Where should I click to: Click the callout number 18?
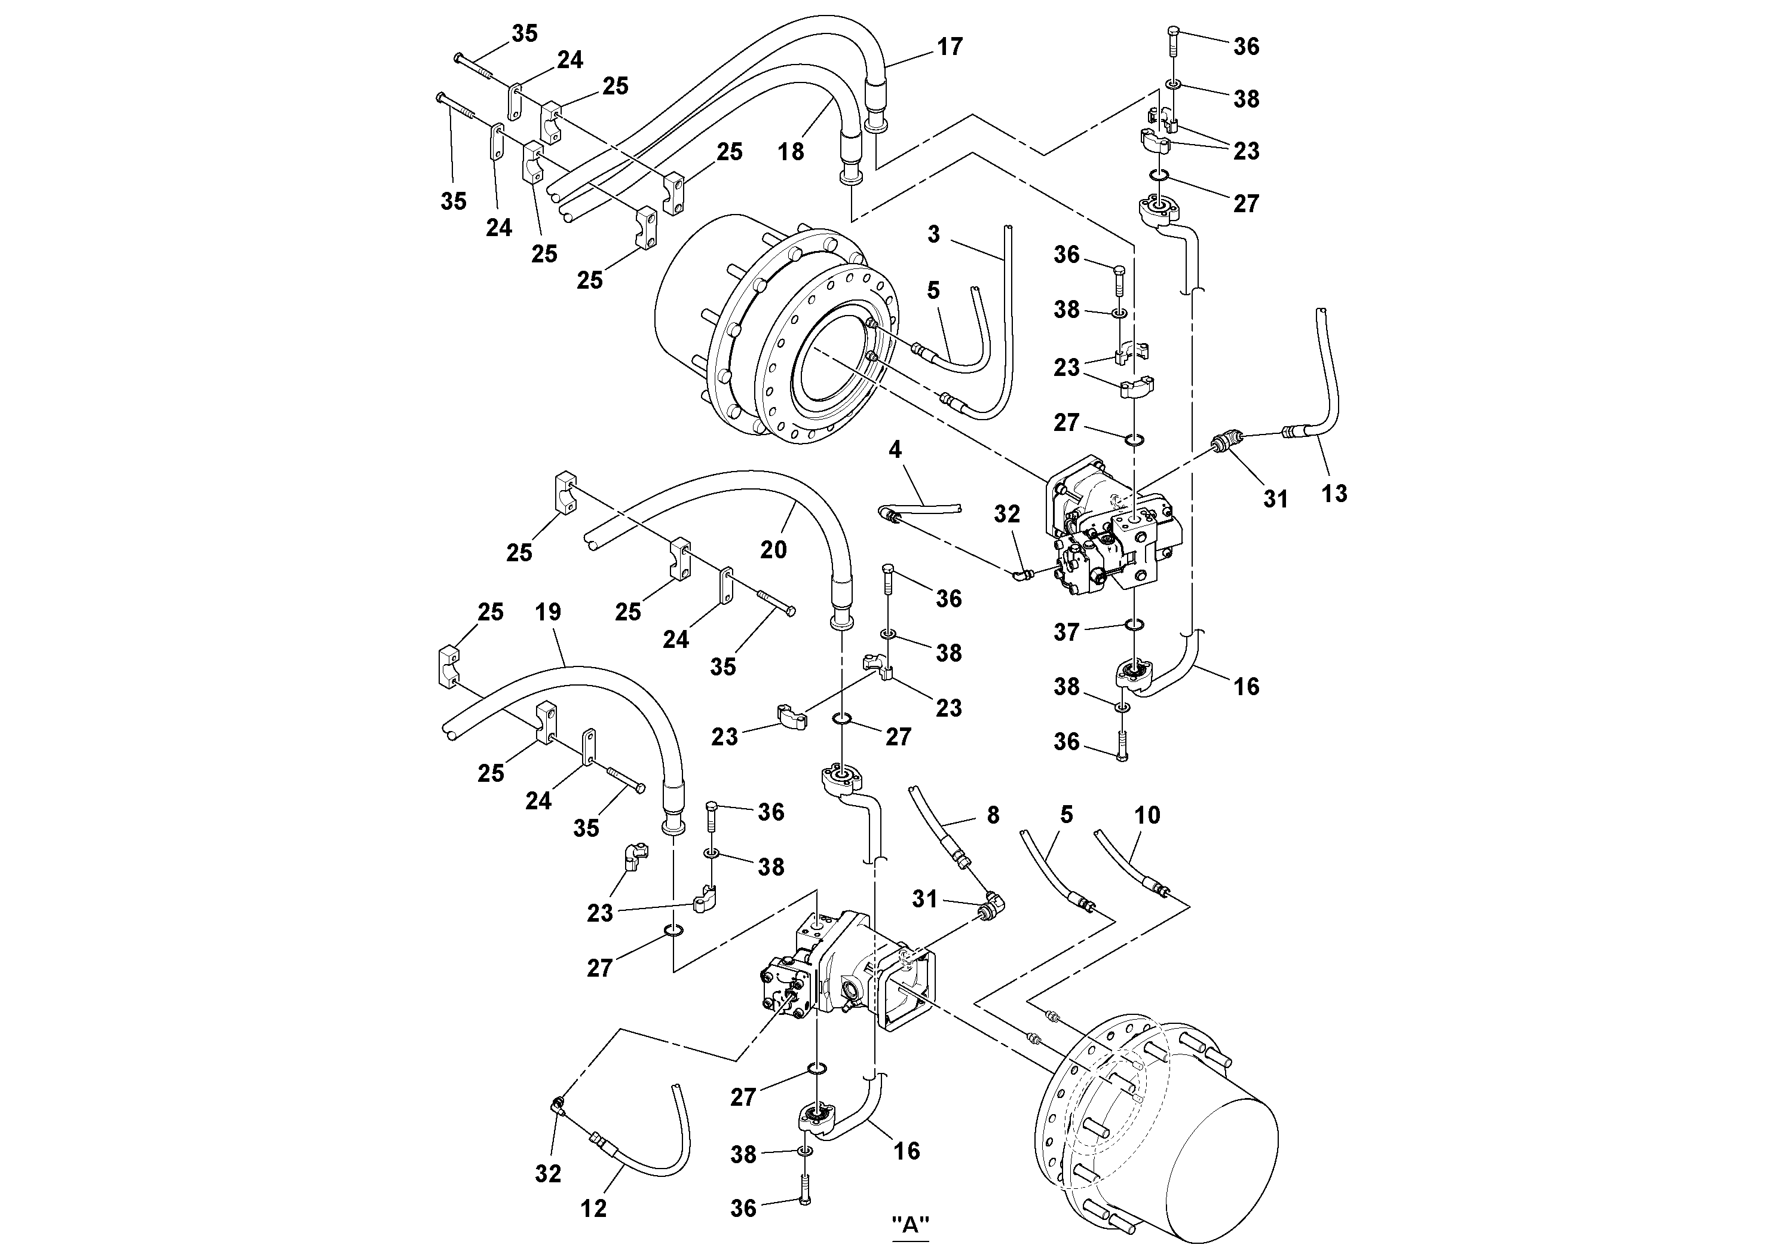tap(791, 151)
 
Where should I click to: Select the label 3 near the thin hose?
tap(933, 234)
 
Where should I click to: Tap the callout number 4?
tap(895, 449)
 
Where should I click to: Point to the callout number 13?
tap(1333, 493)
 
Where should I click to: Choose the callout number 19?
tap(548, 612)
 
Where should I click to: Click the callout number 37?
tap(1066, 632)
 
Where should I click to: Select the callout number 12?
tap(593, 1207)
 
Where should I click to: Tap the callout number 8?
tap(993, 815)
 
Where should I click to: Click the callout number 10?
tap(1147, 815)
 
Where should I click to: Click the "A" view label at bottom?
tap(911, 1225)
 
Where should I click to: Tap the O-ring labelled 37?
tap(1134, 625)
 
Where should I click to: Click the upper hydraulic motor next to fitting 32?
tap(1112, 531)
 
